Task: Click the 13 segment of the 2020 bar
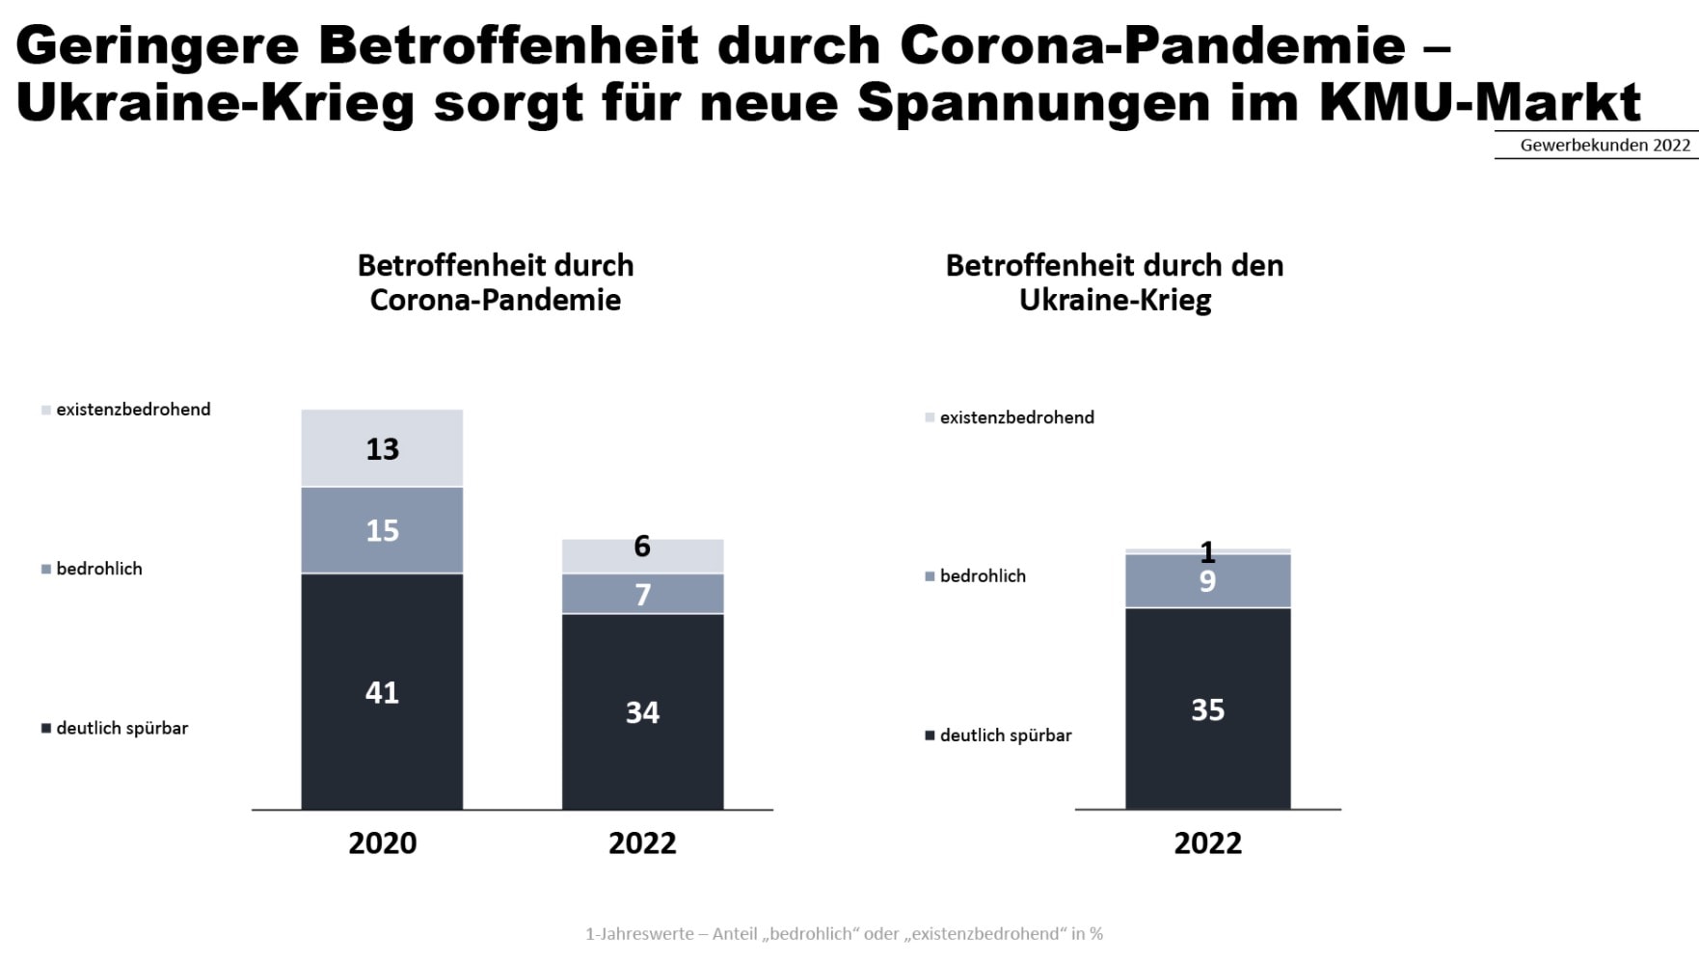(382, 448)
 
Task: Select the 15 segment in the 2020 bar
(382, 530)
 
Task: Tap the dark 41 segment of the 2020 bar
(382, 691)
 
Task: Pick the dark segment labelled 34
(642, 711)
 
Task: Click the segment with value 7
(642, 594)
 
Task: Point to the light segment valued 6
(642, 555)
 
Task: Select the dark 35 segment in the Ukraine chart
(1207, 708)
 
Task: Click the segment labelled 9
(1207, 581)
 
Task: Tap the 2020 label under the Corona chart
(382, 842)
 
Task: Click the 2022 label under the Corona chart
(642, 842)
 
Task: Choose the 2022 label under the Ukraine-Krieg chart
(1207, 842)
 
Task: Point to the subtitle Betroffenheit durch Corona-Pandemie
(496, 282)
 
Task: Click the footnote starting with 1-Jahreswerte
(844, 933)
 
